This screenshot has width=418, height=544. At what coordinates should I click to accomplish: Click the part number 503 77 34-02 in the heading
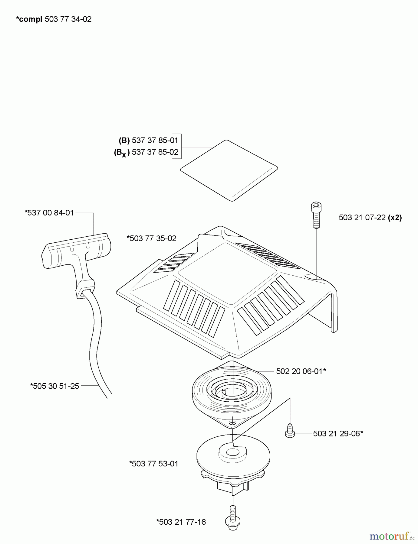[68, 19]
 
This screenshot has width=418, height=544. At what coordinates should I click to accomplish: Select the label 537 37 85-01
[155, 140]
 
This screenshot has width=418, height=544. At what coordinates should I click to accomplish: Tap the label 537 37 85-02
[155, 152]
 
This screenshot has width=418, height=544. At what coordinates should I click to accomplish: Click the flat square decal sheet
[229, 170]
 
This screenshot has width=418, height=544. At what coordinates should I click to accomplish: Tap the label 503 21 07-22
[362, 218]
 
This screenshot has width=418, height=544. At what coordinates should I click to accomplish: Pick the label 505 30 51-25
[54, 386]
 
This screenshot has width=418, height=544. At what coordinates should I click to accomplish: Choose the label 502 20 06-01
[301, 371]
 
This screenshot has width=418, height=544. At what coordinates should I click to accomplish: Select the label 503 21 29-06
[338, 434]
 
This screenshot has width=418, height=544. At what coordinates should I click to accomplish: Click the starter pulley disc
[233, 467]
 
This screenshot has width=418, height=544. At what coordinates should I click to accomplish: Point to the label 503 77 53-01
[154, 464]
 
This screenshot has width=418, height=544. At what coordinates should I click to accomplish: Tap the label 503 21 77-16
[181, 522]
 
